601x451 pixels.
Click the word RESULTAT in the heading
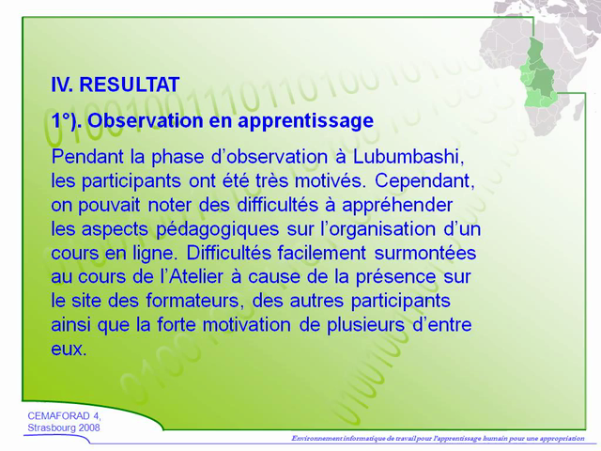tap(130, 85)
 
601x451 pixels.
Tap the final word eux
tap(69, 350)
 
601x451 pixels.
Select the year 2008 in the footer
tap(85, 428)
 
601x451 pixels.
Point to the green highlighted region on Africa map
tap(539, 66)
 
